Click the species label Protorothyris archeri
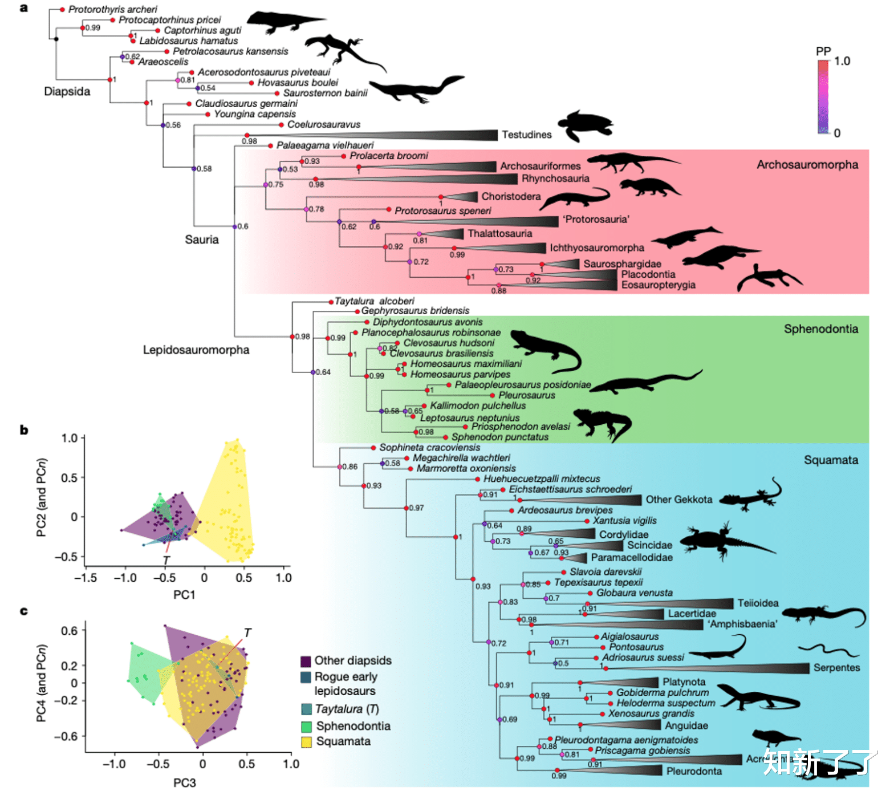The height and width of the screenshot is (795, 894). (112, 9)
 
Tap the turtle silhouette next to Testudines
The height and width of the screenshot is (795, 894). (585, 125)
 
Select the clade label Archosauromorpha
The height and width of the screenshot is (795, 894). (807, 165)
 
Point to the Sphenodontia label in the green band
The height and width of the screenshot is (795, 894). (820, 329)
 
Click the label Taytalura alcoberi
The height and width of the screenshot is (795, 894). (374, 301)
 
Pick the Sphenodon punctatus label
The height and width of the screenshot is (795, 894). (499, 437)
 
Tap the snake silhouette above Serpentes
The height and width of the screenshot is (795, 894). (828, 651)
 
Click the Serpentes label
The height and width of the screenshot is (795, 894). (836, 668)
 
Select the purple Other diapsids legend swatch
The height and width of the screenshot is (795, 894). (306, 661)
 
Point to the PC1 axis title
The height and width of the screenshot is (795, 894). (184, 595)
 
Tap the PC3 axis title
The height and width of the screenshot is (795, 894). (184, 782)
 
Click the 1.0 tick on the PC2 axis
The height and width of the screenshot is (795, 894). (70, 438)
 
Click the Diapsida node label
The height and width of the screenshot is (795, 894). (67, 92)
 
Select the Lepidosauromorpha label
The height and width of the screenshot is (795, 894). (196, 350)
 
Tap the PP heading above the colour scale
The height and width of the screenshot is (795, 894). (823, 51)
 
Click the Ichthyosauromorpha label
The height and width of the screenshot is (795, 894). (596, 248)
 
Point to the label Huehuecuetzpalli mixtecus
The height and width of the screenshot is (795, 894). (541, 479)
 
